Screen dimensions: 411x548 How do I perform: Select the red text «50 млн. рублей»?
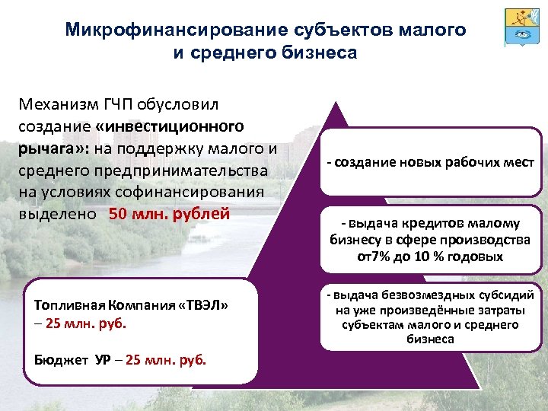click(x=169, y=212)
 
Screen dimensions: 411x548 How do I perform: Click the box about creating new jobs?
click(x=431, y=163)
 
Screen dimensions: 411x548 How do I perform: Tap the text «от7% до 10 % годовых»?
click(x=430, y=256)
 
